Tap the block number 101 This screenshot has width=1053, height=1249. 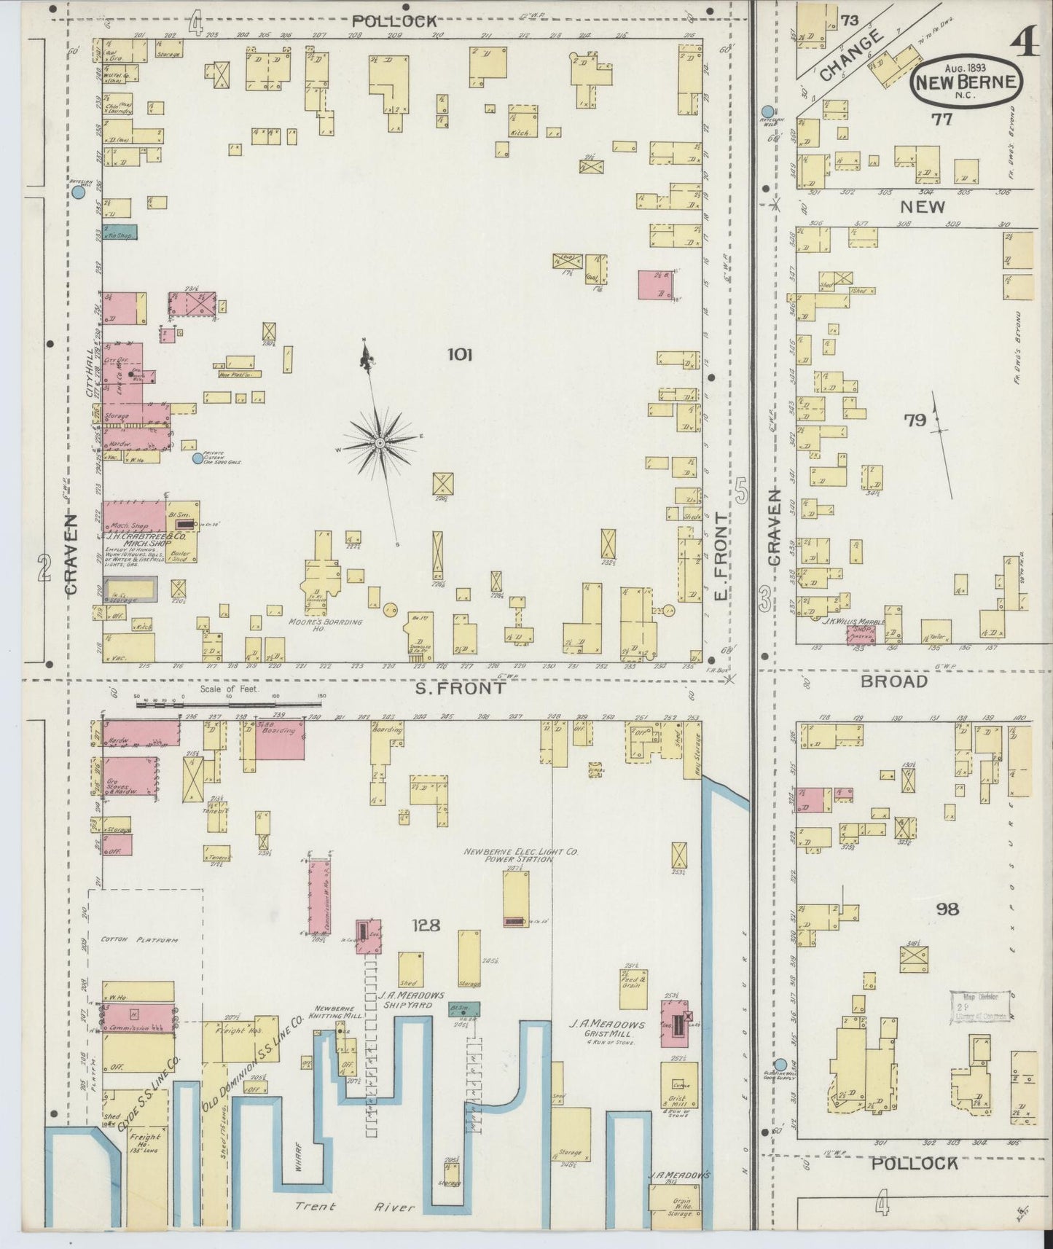460,355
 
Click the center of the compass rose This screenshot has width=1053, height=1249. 380,443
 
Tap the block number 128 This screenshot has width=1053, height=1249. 426,925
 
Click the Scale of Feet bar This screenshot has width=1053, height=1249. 230,704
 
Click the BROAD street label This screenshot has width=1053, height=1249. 894,681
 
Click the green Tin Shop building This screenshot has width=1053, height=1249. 120,233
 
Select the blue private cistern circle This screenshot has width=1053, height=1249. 197,459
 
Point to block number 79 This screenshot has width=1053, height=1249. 915,420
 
